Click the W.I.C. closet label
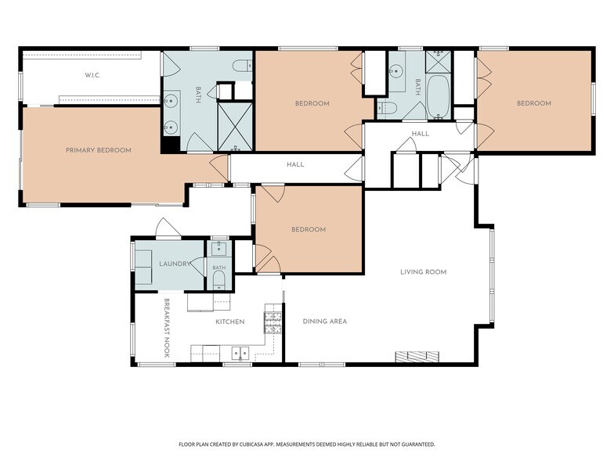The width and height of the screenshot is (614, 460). (x=92, y=75)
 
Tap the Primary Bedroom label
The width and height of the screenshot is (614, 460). (x=99, y=150)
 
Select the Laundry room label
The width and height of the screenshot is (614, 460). (x=175, y=264)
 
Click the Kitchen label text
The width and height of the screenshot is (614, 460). (x=230, y=322)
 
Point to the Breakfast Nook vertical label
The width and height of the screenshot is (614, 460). (x=166, y=329)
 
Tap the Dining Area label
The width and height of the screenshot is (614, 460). (x=324, y=322)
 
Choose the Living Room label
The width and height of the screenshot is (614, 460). (x=423, y=272)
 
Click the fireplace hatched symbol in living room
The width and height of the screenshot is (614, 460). (x=417, y=357)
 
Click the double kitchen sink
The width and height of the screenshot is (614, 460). (x=240, y=354)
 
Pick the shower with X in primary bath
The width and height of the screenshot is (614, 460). (x=235, y=127)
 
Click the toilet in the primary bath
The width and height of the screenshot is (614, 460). (x=243, y=66)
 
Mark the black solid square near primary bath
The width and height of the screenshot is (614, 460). (x=171, y=144)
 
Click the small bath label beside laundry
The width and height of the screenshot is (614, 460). (x=219, y=268)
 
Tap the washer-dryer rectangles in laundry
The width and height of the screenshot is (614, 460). (x=143, y=268)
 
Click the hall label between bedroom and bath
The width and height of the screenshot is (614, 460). (x=420, y=134)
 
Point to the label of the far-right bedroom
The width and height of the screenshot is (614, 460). (x=534, y=103)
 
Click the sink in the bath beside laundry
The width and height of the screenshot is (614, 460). (x=219, y=249)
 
